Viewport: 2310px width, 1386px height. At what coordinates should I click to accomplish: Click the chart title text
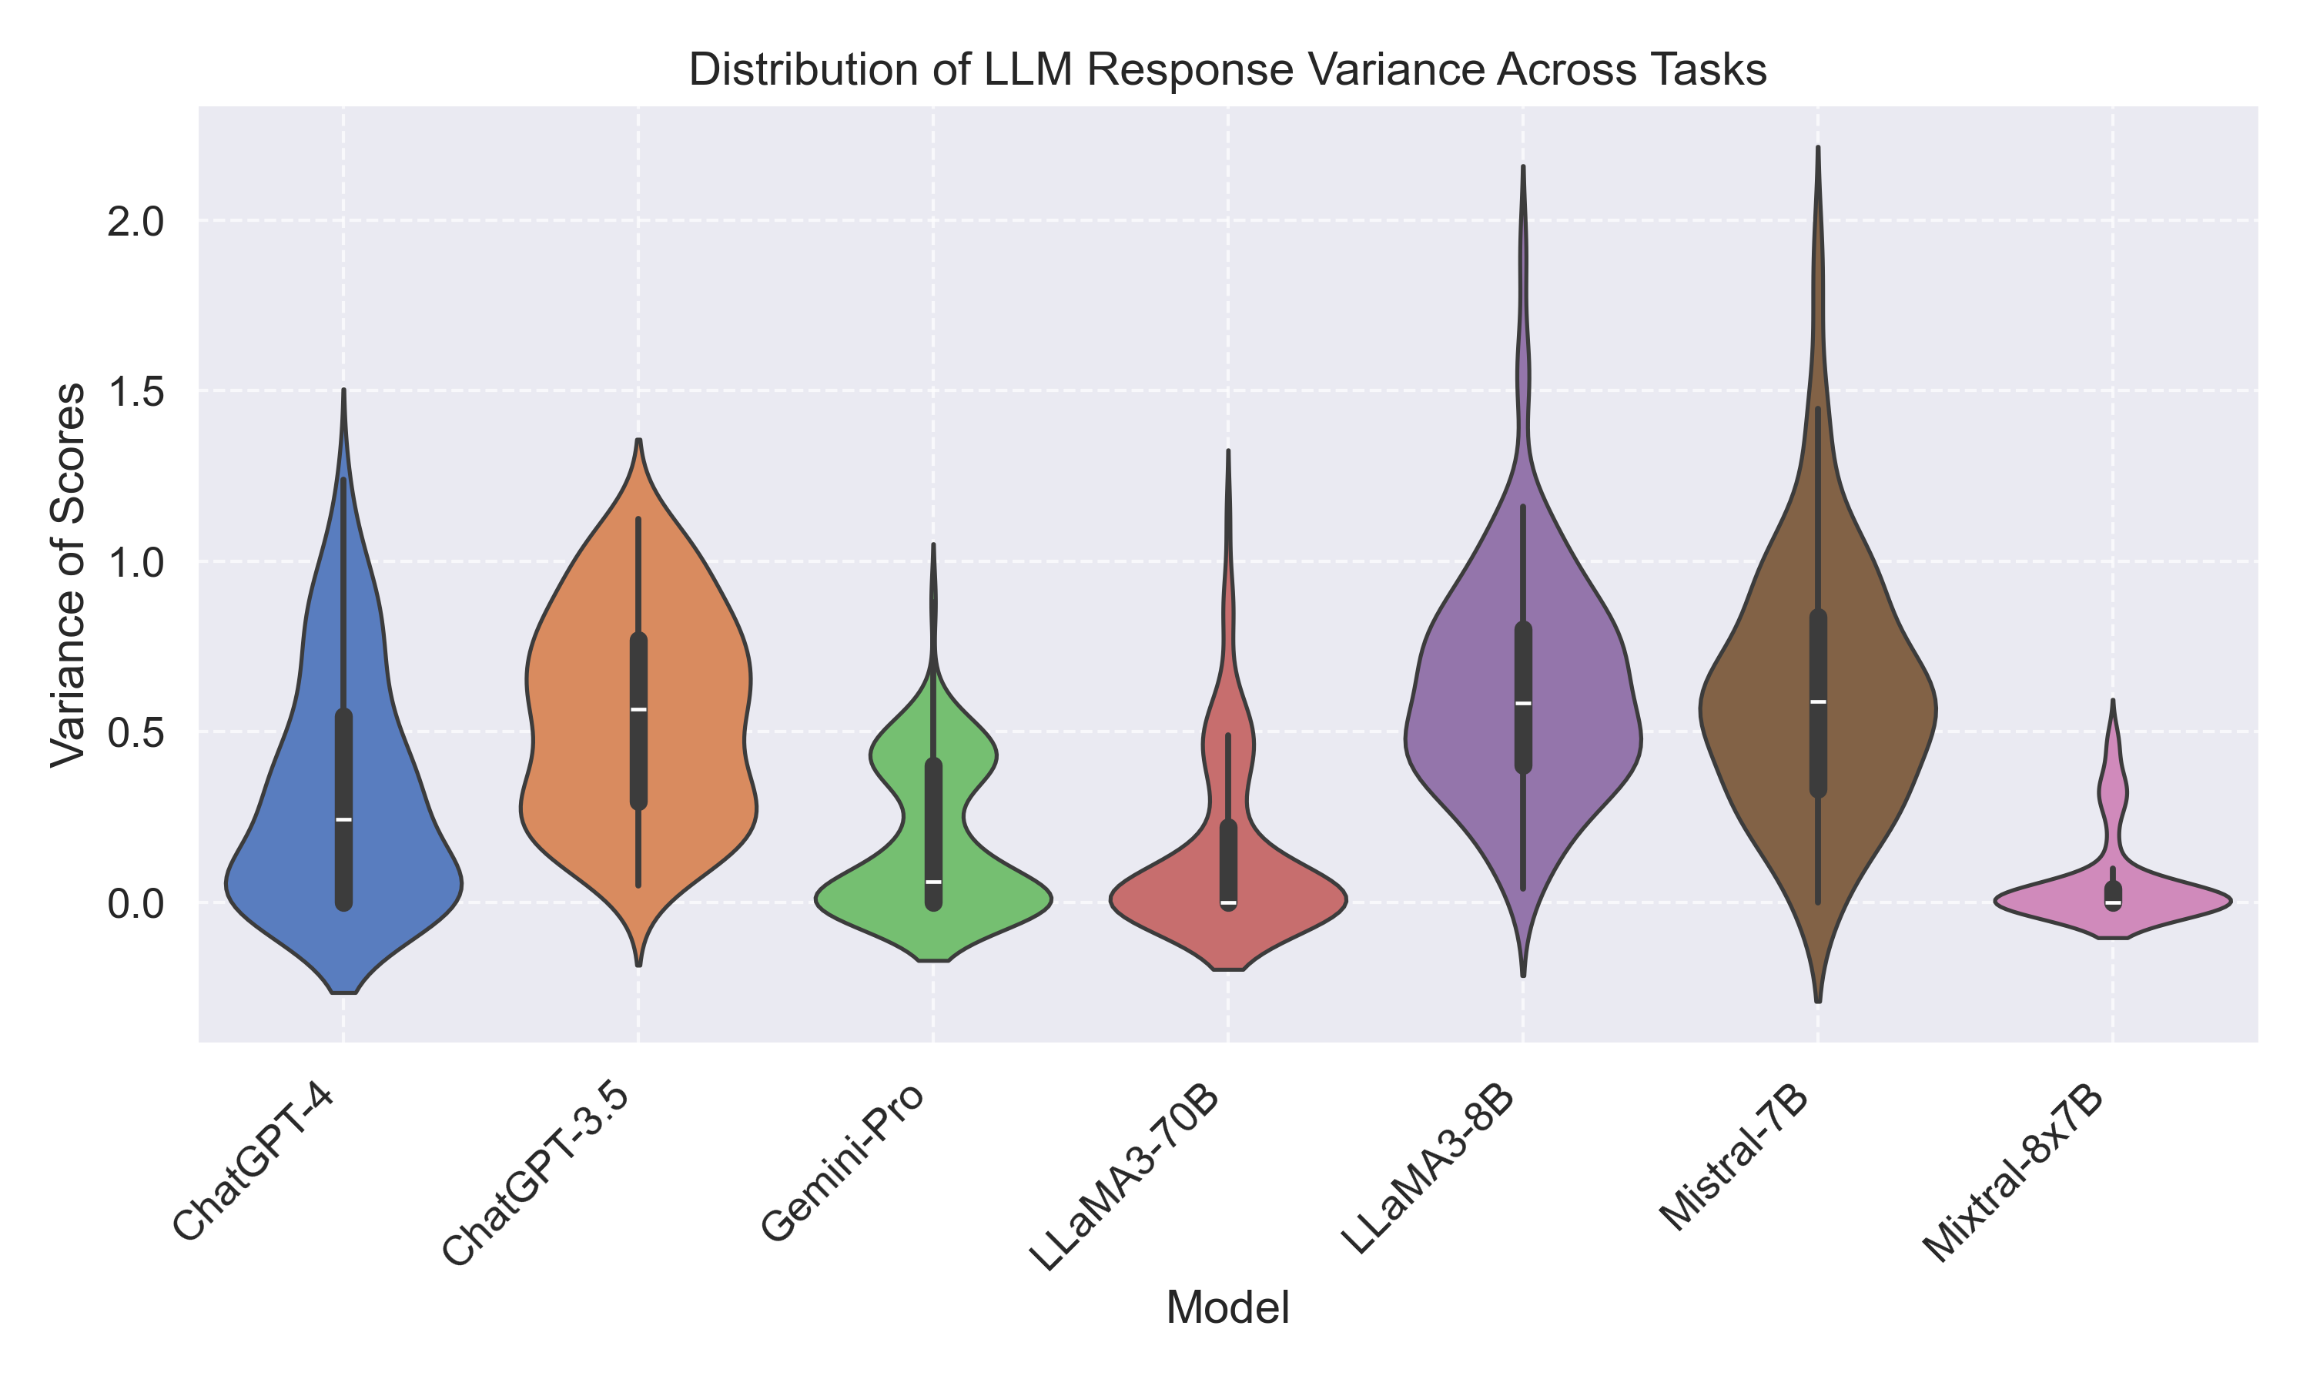(x=1227, y=71)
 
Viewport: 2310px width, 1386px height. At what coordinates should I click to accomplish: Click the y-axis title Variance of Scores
(x=69, y=575)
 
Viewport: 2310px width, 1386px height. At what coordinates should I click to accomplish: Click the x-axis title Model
(x=1227, y=1307)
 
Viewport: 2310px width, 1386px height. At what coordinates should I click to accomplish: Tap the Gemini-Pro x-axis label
(x=842, y=1165)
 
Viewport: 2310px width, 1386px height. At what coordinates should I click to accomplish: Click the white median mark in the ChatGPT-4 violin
(x=343, y=820)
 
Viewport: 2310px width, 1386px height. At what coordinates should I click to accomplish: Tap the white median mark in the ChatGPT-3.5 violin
(x=638, y=710)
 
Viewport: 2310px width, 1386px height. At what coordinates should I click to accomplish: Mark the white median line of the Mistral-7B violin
(x=1818, y=701)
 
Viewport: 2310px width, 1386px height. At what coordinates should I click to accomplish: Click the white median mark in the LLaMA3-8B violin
(x=1523, y=703)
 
